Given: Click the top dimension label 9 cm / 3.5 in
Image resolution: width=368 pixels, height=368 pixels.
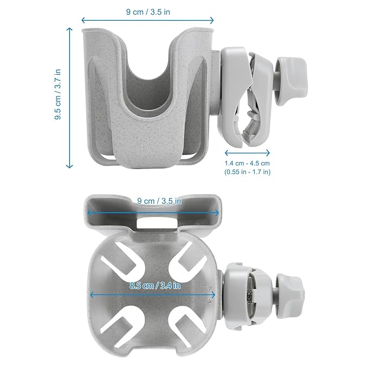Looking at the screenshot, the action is pyautogui.click(x=148, y=12).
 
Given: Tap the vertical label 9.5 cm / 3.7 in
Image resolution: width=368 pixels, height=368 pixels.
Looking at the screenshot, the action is pyautogui.click(x=58, y=94).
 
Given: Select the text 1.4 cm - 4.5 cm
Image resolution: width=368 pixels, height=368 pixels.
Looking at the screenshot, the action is pyautogui.click(x=247, y=163).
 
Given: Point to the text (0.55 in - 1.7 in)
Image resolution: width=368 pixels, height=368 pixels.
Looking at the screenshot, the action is pyautogui.click(x=247, y=172).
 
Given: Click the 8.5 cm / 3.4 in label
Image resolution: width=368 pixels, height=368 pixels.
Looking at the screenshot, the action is pyautogui.click(x=155, y=286).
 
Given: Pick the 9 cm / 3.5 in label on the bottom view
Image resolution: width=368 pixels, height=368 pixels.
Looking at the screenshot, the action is pyautogui.click(x=159, y=201).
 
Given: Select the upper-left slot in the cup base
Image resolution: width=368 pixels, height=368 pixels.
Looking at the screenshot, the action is pyautogui.click(x=122, y=264).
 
